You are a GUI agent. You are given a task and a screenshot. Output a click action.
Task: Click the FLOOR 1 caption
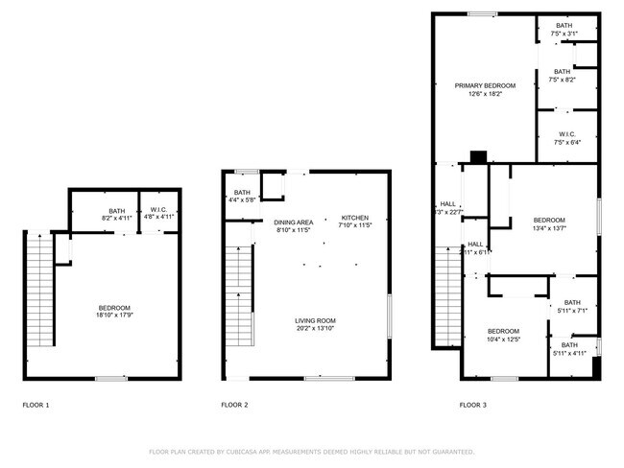coord(36,406)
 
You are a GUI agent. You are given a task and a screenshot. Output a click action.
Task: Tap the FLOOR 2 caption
coord(234,406)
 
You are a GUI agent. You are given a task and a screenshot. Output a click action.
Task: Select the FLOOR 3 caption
coord(472,406)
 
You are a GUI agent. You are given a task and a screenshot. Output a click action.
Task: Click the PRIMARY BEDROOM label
coord(485,85)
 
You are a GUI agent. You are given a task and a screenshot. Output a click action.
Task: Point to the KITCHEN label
coord(354,218)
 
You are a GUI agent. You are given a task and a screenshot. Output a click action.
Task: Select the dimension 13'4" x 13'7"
coord(549,227)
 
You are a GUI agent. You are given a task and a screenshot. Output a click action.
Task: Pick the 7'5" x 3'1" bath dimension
coord(564,34)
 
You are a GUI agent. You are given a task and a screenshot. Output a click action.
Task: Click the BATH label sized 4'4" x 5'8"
coord(242,193)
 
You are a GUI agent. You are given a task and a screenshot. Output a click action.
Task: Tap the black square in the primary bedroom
coord(478,156)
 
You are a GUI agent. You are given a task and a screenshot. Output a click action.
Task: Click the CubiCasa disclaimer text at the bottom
coord(311,451)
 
